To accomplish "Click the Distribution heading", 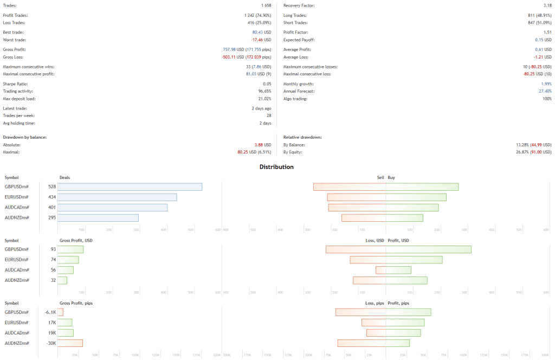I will [x=276, y=167].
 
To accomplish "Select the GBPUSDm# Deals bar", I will [x=130, y=187].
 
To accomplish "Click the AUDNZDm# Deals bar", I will [x=98, y=217].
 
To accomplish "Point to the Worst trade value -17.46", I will [x=257, y=40].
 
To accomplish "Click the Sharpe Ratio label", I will [x=15, y=84].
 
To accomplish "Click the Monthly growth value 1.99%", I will [x=546, y=84].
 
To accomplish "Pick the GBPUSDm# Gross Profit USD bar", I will [x=70, y=249].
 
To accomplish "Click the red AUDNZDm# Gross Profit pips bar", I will [x=70, y=343].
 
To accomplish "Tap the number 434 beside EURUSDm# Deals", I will [x=52, y=197].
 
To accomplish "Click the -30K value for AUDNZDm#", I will [x=51, y=343].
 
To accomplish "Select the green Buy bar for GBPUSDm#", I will [x=422, y=187].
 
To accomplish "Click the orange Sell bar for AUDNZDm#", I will [x=364, y=217].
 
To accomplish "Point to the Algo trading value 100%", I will [x=546, y=98].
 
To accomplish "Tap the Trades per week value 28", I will [x=268, y=115].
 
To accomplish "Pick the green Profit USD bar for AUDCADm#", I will [x=398, y=270].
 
